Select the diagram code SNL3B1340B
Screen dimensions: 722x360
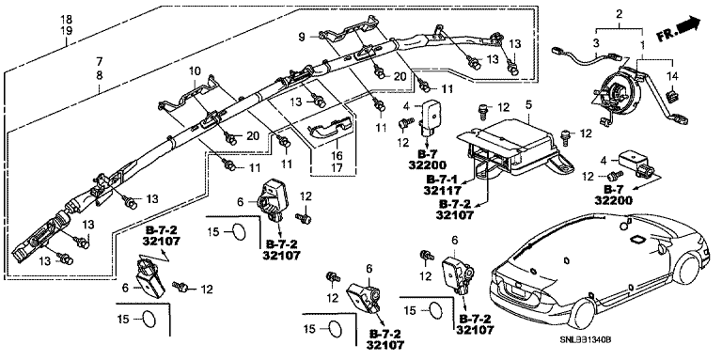coord(585,339)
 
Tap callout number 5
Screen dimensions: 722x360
coord(528,104)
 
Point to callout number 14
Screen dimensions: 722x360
coord(673,77)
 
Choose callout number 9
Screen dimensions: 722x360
coord(302,37)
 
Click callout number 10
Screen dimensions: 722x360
coord(195,70)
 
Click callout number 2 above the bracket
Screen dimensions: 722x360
coord(620,14)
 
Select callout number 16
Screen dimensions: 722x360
coord(337,156)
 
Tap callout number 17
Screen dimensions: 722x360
coord(337,168)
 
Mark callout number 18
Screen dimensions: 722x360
coord(67,20)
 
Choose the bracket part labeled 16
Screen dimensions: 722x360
coord(330,127)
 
